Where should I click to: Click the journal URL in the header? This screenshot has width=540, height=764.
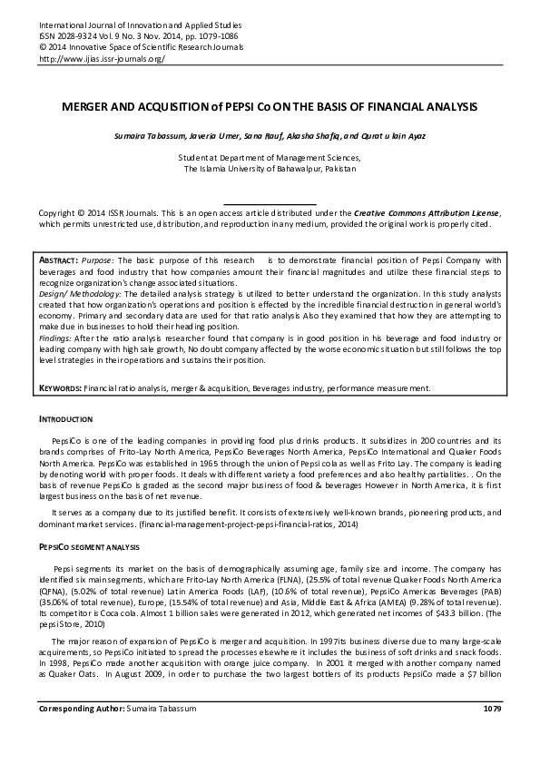click(102, 58)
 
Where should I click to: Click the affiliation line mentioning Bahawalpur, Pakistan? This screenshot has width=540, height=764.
click(270, 168)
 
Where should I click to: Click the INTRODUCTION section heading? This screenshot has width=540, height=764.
click(65, 420)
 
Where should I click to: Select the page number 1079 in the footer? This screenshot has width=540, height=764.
click(492, 732)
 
